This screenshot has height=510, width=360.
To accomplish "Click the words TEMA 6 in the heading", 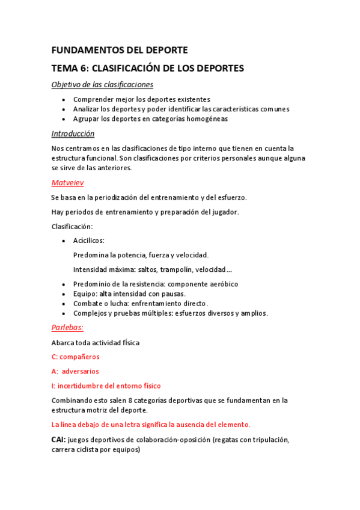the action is [x=70, y=69].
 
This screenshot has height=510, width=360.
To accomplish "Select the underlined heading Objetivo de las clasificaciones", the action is [x=102, y=85].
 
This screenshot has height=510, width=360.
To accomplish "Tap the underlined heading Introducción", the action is [x=73, y=134].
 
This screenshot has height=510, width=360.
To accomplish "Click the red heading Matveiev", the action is [x=67, y=182].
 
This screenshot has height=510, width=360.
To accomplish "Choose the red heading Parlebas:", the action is [x=67, y=328].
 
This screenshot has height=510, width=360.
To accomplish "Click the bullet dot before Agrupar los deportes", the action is [x=64, y=119].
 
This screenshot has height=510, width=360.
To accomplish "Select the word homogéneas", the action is [x=206, y=119].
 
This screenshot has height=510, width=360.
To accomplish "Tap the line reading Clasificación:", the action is [x=72, y=226].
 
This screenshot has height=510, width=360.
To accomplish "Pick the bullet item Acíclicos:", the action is [x=89, y=241].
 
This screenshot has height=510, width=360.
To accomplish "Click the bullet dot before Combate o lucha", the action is [x=64, y=304].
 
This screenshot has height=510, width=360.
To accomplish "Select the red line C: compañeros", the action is [x=76, y=357].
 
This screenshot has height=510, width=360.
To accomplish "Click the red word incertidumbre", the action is [x=83, y=386].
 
